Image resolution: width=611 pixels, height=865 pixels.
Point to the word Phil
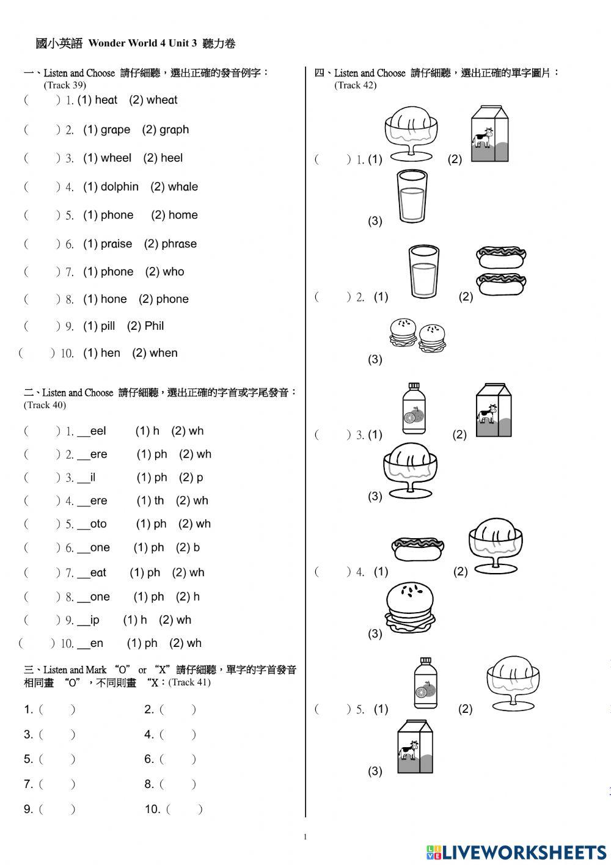pyautogui.click(x=154, y=326)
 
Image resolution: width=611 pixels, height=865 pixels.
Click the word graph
pyautogui.click(x=174, y=130)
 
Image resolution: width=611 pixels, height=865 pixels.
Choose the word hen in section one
pyautogui.click(x=110, y=353)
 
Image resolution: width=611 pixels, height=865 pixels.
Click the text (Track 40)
pyautogui.click(x=45, y=405)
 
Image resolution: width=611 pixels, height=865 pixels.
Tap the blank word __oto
pyautogui.click(x=92, y=524)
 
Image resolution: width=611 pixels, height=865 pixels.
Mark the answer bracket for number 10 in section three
pyautogui.click(x=183, y=809)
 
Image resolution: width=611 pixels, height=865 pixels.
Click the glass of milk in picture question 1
pyautogui.click(x=411, y=196)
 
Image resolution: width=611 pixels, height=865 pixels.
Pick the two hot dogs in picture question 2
pyautogui.click(x=502, y=271)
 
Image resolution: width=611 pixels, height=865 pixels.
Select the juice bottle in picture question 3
pyautogui.click(x=414, y=408)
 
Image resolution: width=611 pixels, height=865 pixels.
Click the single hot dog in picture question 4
pyautogui.click(x=417, y=548)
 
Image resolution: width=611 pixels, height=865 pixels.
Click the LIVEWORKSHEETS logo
pyautogui.click(x=516, y=853)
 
